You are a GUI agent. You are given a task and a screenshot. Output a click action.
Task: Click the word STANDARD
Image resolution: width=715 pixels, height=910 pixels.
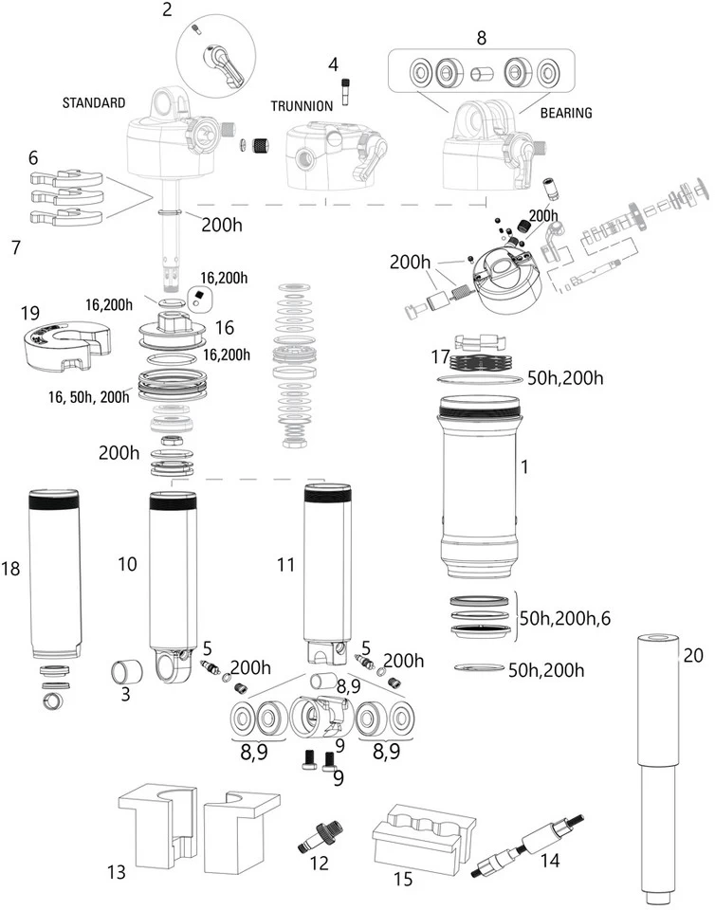tap(95, 101)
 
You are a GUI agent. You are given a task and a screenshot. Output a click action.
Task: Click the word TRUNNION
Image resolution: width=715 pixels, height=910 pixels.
tap(302, 106)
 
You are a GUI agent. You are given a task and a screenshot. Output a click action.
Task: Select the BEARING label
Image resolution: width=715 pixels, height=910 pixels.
tap(565, 113)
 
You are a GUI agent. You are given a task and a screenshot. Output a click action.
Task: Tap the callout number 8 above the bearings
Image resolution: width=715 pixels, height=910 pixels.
tap(481, 39)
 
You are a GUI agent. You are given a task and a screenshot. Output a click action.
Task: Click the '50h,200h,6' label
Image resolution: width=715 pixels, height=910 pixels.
tap(565, 618)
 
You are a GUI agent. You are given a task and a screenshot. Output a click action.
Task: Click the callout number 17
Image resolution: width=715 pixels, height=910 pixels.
tap(438, 357)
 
